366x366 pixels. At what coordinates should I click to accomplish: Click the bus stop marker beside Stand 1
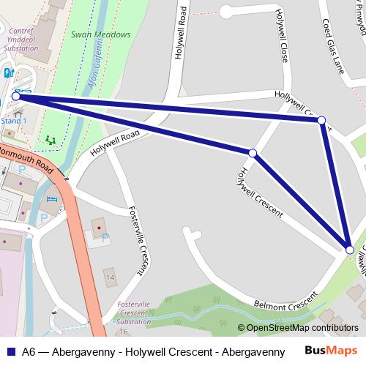(16, 96)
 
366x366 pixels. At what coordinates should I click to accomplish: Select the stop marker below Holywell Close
(253, 153)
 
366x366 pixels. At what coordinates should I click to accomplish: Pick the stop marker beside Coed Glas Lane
(321, 120)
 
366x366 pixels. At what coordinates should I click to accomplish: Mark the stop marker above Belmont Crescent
(350, 250)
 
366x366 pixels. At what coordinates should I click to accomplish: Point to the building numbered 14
(110, 278)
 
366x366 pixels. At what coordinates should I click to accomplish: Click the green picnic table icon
(51, 139)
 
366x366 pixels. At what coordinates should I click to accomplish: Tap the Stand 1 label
(15, 121)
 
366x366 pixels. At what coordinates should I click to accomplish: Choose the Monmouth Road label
(26, 158)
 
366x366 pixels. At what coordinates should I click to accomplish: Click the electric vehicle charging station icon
(8, 73)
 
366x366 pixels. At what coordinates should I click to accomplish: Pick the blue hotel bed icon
(51, 200)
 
